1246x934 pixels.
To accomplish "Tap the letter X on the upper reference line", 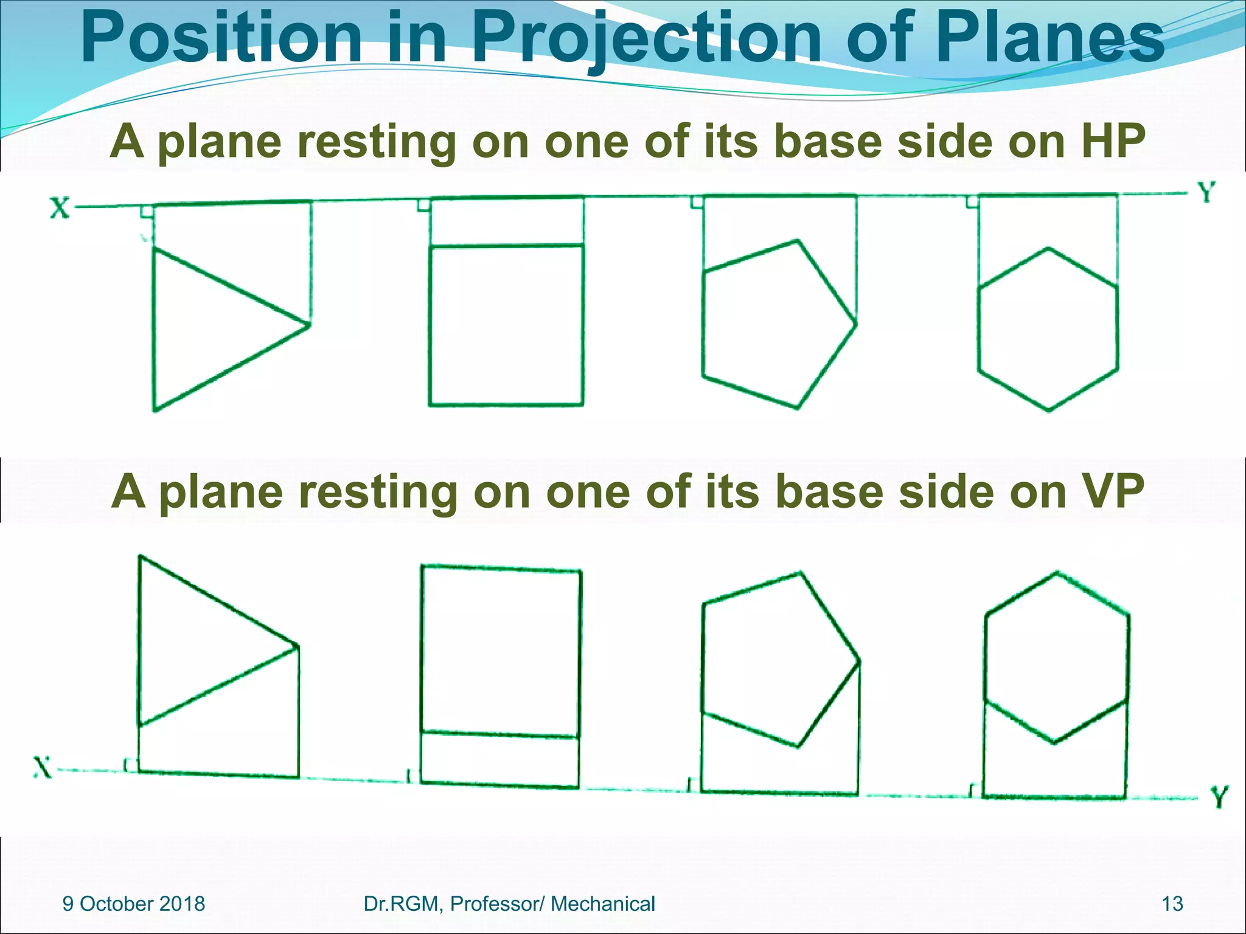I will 59,209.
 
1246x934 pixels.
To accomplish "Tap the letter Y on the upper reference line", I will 1207,193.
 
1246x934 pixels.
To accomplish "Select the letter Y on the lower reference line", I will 1219,797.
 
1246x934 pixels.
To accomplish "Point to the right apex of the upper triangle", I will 309,325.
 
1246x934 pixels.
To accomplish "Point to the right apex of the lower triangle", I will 298,646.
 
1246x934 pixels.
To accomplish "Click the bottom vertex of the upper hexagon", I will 1048,410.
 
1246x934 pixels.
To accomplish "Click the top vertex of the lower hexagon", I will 1057,572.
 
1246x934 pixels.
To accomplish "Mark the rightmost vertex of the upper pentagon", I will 856,323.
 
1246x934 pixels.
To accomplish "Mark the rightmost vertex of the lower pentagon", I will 859,660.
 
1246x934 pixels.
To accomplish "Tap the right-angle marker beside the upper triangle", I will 147,212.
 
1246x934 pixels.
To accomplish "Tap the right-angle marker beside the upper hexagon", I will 972,202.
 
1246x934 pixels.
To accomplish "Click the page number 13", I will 1172,904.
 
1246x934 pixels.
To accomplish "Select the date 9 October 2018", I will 134,904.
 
